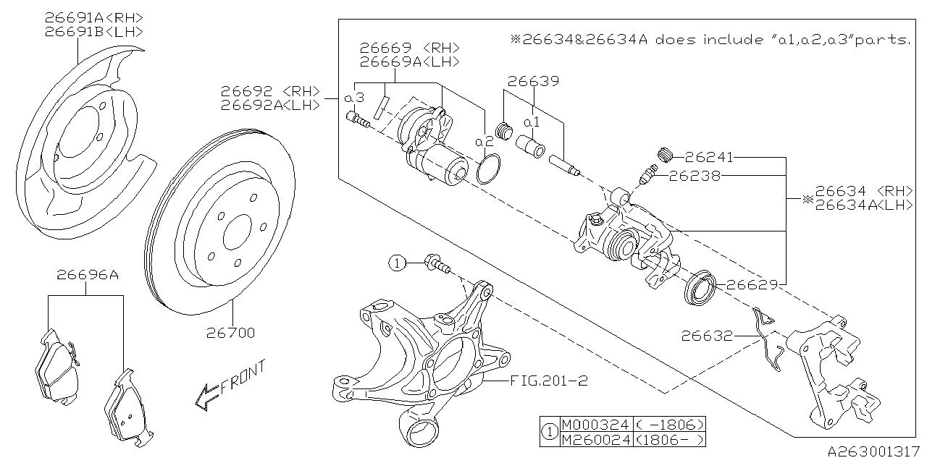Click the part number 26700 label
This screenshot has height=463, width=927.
coord(230,334)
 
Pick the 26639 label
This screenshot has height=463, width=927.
coord(532,81)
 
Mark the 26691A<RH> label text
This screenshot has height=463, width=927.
coord(93,17)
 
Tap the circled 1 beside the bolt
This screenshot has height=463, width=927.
coord(397,263)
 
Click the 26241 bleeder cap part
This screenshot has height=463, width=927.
coord(666,153)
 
